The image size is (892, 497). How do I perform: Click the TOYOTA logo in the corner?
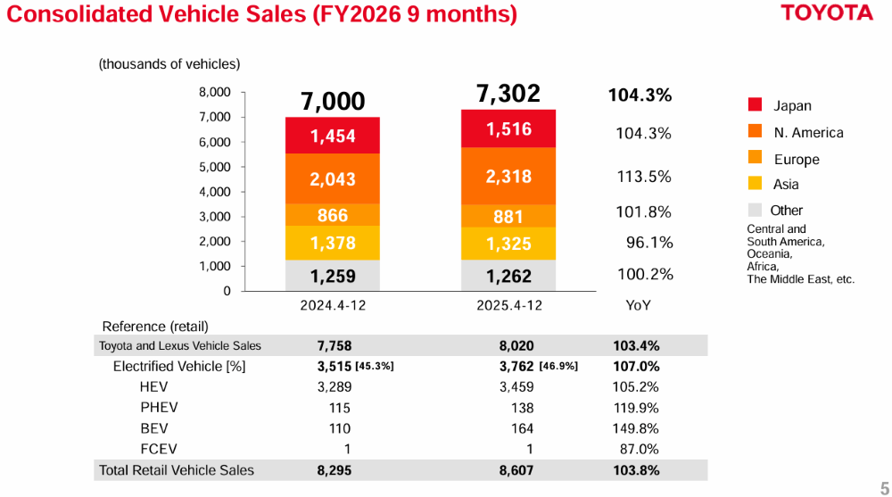tap(827, 14)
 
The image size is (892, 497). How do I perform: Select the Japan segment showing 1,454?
tap(333, 136)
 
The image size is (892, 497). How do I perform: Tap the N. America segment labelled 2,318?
tap(508, 177)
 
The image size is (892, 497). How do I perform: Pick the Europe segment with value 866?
tap(333, 215)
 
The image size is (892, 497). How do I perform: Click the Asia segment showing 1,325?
tap(508, 244)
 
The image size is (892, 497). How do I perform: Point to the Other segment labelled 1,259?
tap(333, 276)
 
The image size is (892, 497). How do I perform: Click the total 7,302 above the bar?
tap(508, 94)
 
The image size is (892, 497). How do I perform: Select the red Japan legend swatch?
tap(756, 105)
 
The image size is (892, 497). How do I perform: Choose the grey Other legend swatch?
tap(756, 211)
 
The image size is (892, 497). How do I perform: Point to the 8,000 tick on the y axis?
tap(214, 92)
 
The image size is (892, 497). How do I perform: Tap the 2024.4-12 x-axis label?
tap(333, 305)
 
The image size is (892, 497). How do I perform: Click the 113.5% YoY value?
tap(644, 177)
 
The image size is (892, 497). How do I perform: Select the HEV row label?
tap(153, 387)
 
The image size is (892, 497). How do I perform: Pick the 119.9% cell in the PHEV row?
tap(635, 408)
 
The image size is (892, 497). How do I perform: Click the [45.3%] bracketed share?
tap(375, 367)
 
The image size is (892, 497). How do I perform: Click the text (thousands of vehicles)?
tap(169, 64)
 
